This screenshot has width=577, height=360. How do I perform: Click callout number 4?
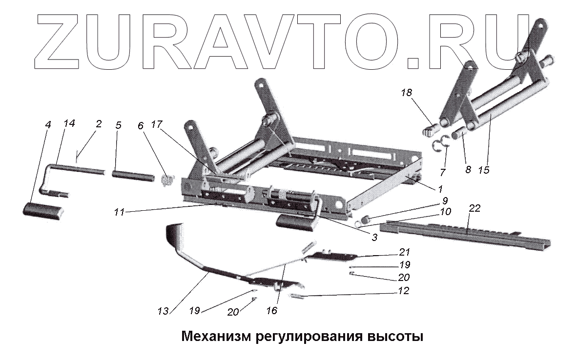47,124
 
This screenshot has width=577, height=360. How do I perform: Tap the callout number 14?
69,123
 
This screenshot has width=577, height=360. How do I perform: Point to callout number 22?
474,208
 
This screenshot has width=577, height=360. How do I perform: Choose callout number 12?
403,291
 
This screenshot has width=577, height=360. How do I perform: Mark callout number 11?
120,212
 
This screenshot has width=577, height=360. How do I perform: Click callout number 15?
484,170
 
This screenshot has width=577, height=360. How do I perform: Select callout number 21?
404,252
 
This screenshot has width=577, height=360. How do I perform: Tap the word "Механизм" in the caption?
216,337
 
